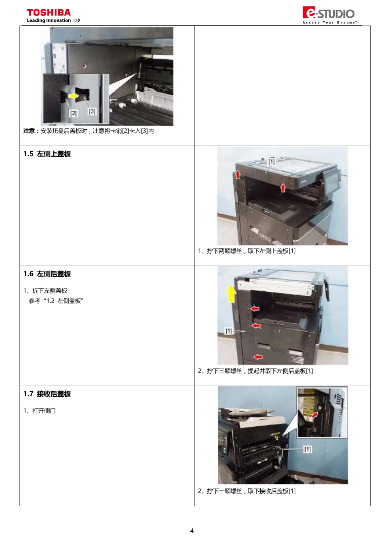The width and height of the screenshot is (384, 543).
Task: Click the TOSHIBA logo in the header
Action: (x=49, y=13)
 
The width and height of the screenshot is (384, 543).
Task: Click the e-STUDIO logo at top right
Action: (x=329, y=14)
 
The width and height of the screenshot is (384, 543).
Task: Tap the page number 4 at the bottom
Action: (x=192, y=530)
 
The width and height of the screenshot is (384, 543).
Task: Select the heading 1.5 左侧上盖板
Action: (x=47, y=154)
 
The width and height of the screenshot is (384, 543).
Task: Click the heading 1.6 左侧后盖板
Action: (x=47, y=274)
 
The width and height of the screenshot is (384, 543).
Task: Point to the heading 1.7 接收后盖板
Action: (x=47, y=394)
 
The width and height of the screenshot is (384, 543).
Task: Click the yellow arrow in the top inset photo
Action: (x=74, y=96)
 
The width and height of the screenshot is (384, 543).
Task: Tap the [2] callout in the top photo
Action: (x=73, y=114)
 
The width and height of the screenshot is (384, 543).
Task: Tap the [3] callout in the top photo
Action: (x=92, y=111)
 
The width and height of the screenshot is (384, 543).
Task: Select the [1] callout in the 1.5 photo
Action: (x=271, y=162)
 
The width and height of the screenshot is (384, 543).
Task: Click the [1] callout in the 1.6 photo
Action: (x=229, y=331)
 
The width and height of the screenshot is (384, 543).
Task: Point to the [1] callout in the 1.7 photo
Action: (x=308, y=449)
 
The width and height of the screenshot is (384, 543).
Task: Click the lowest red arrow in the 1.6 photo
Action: (x=258, y=357)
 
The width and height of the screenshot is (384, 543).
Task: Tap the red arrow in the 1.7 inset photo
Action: (x=314, y=415)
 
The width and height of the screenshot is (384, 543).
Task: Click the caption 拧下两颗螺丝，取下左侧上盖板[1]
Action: (x=247, y=251)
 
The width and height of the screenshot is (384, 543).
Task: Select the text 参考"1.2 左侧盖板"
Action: (x=56, y=301)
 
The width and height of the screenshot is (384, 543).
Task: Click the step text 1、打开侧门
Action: (x=40, y=411)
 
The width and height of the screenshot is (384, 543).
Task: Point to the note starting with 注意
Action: (x=89, y=131)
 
